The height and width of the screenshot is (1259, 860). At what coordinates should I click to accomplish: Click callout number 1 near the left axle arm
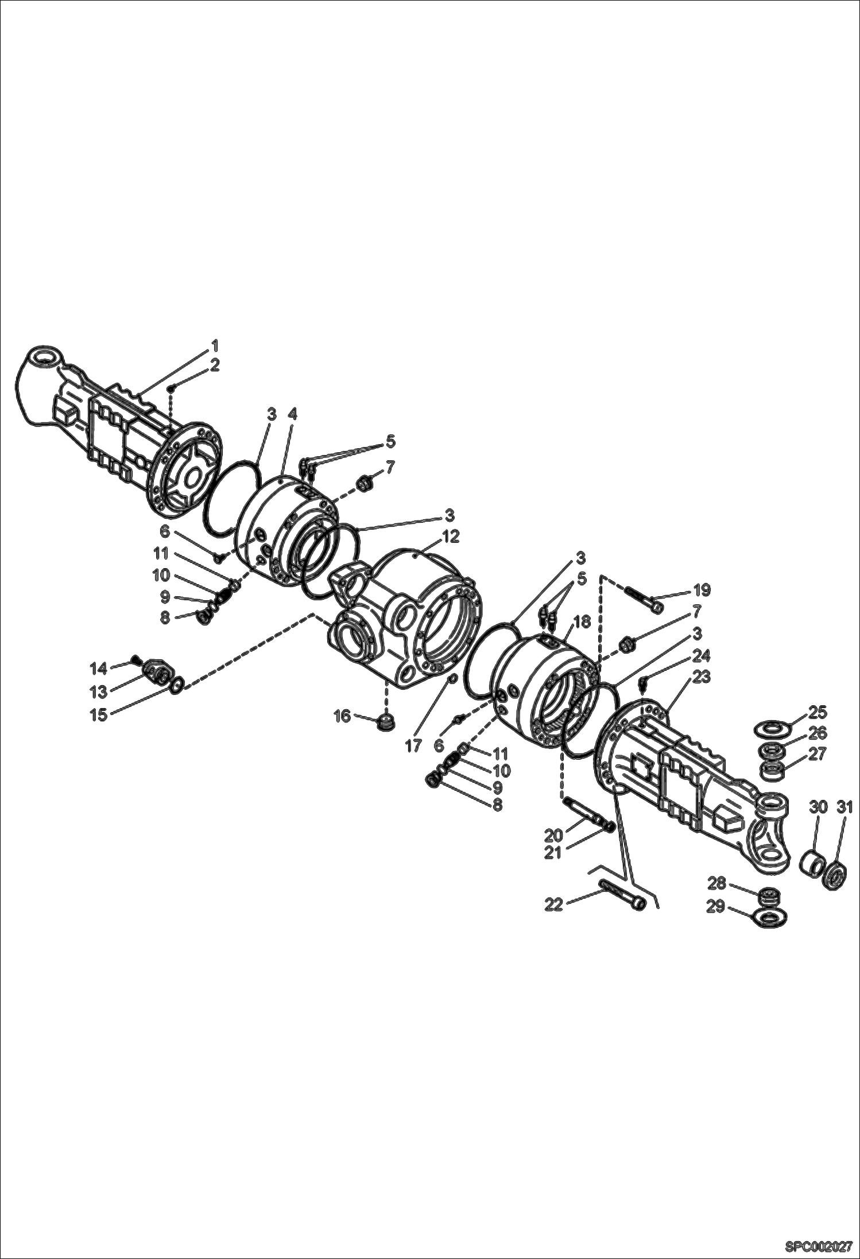215,345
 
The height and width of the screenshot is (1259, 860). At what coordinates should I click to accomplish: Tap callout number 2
215,366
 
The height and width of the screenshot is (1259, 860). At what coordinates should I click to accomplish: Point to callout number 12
451,536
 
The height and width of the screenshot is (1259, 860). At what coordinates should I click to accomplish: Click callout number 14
99,668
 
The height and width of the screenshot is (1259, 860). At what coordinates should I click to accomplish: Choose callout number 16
342,716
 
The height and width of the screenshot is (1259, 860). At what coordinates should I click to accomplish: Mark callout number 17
413,746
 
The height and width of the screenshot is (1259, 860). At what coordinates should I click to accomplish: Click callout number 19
702,589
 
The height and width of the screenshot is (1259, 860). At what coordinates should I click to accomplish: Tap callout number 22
553,905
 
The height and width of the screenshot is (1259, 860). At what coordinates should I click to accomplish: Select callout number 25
818,712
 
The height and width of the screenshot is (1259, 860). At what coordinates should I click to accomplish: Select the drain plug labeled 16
386,722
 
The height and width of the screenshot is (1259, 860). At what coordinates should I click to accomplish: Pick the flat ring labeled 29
768,918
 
